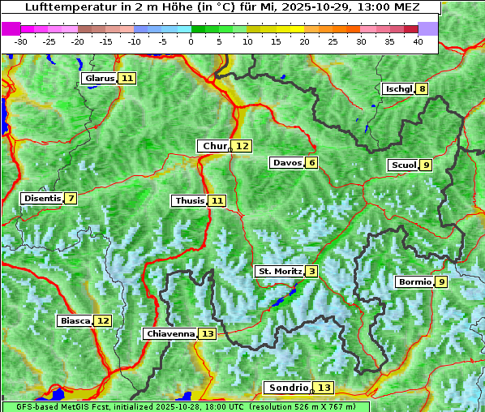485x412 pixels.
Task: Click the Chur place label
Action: (x=215, y=146)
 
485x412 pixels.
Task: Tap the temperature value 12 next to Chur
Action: (x=242, y=146)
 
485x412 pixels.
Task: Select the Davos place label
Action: (x=287, y=163)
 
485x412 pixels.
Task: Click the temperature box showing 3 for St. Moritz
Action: (x=312, y=271)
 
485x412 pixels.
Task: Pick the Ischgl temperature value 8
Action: (x=423, y=88)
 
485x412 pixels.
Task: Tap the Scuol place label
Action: (x=403, y=165)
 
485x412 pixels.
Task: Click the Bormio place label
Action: (x=414, y=282)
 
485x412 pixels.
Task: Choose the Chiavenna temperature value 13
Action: (x=207, y=333)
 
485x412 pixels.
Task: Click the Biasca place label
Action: (x=75, y=320)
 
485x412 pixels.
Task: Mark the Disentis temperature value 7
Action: (x=71, y=199)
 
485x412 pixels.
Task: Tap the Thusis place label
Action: (x=189, y=200)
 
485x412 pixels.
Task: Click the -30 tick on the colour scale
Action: (x=21, y=41)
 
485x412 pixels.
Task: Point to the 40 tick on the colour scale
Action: (x=418, y=41)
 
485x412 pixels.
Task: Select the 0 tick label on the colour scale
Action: (x=191, y=41)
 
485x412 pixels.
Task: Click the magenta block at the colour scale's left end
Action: (x=11, y=28)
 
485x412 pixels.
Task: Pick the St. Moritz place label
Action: (x=280, y=271)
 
